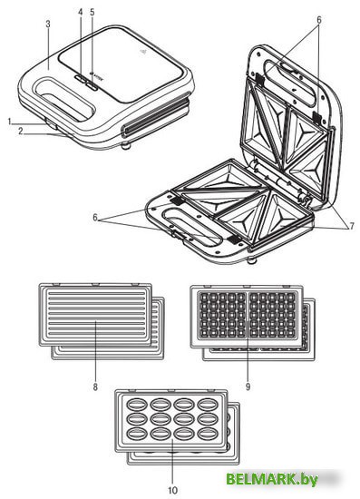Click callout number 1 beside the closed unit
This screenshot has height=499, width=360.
(10, 122)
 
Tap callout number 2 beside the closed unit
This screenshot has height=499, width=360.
(20, 132)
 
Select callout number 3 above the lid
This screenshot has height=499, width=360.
(48, 24)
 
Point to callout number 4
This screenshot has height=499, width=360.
(81, 13)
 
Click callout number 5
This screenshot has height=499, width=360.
(92, 13)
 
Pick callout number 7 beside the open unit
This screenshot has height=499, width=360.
(352, 226)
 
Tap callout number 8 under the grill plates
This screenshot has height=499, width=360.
(95, 386)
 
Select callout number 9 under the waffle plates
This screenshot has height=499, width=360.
(248, 386)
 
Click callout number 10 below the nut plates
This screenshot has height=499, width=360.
(172, 491)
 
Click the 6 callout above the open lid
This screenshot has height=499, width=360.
(318, 20)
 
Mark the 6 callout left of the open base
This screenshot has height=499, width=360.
(95, 218)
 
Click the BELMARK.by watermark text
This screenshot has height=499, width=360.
(272, 479)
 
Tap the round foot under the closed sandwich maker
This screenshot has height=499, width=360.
(127, 147)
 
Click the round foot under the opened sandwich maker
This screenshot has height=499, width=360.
(252, 261)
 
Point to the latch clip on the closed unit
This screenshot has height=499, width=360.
(51, 124)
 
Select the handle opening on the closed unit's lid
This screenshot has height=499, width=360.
(65, 99)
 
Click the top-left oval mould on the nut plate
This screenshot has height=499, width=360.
(136, 405)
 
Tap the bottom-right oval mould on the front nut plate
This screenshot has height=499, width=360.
(207, 434)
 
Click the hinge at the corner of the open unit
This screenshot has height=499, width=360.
(306, 200)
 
